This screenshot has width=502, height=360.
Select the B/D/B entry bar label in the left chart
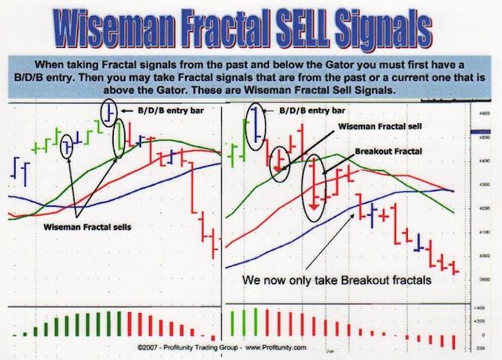pyautogui.click(x=171, y=111)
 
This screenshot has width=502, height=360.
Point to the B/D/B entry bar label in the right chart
pyautogui.click(x=312, y=111)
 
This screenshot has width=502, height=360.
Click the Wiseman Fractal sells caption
pyautogui.click(x=87, y=227)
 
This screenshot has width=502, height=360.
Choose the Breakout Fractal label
pyautogui.click(x=388, y=151)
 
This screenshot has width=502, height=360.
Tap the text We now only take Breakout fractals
pyautogui.click(x=336, y=280)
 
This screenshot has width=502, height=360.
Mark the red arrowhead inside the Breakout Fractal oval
pyautogui.click(x=315, y=206)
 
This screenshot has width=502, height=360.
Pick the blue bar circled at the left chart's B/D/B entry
pyautogui.click(x=109, y=111)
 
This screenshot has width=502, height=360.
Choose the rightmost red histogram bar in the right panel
pyautogui.click(x=453, y=342)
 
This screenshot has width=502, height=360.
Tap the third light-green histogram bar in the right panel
pyautogui.click(x=256, y=322)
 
